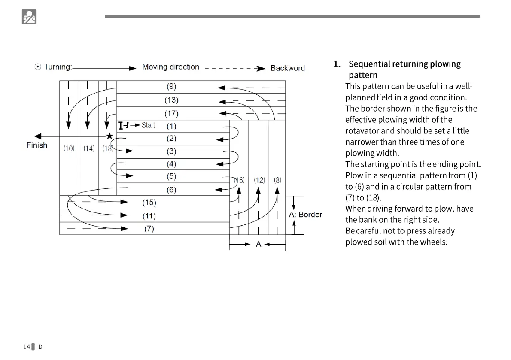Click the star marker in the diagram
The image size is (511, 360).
point(109,136)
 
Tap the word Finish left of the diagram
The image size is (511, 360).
point(37,145)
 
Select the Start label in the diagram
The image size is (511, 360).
point(149,125)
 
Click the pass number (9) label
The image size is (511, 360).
point(171,86)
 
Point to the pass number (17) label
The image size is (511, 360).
point(171,114)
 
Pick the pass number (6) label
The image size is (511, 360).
point(171,190)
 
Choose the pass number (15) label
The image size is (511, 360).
point(149,203)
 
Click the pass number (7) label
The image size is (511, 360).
point(149,229)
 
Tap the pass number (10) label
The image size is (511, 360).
point(69,148)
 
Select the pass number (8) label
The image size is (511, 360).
point(278,180)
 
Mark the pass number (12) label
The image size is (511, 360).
point(259,180)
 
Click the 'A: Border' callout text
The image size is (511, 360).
point(305,215)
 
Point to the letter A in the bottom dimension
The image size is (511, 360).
point(258,244)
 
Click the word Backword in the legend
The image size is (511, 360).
point(288,68)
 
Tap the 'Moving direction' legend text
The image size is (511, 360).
point(170,67)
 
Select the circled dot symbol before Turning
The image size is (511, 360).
point(38,67)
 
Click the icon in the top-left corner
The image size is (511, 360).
point(29,17)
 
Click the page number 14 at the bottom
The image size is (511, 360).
point(27,347)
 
